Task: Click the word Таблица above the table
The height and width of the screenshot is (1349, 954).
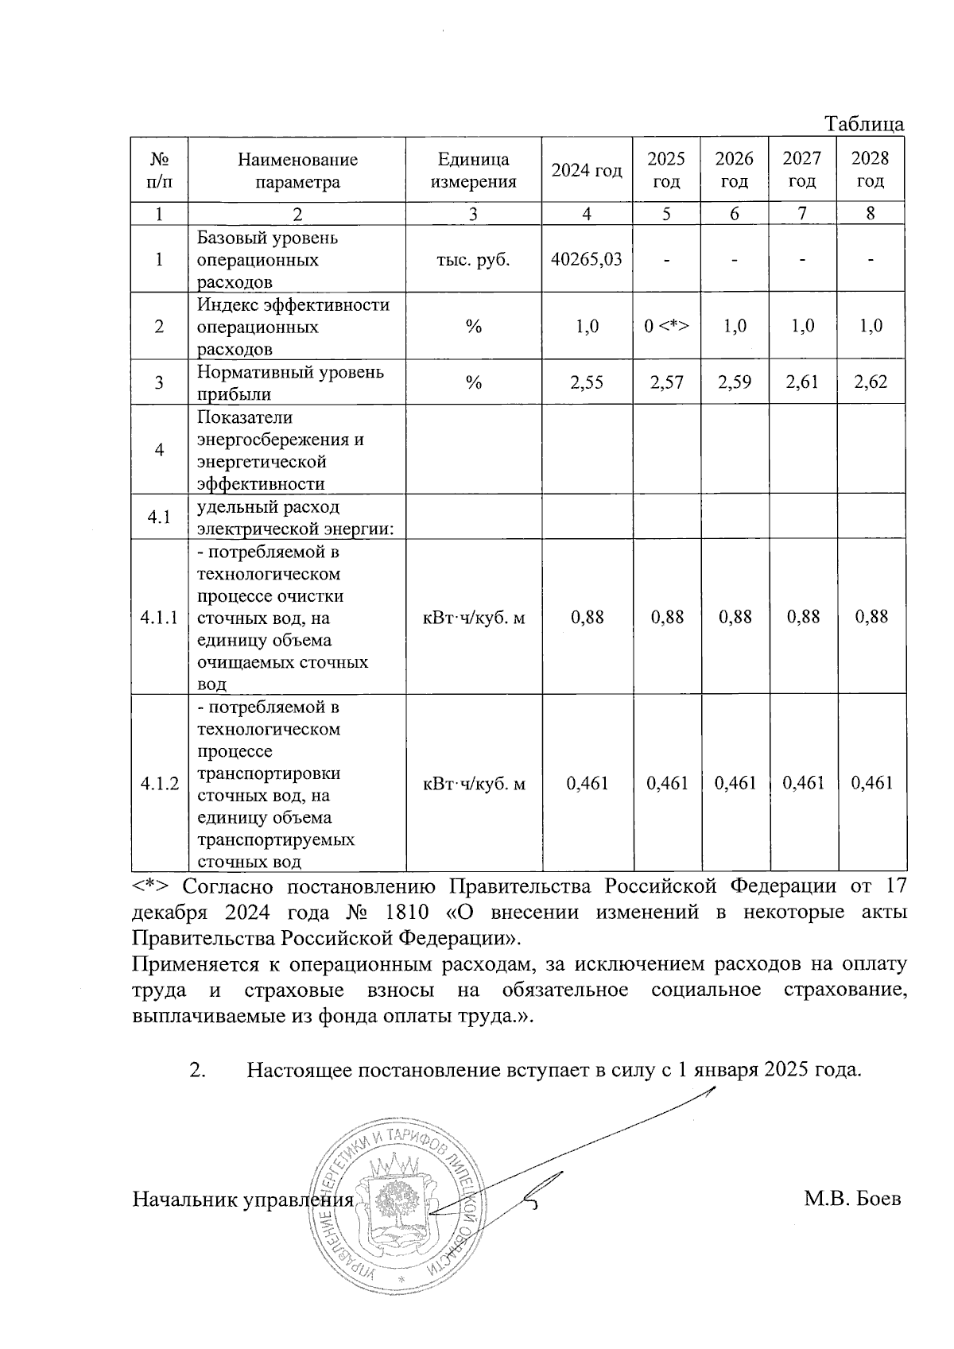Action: [864, 124]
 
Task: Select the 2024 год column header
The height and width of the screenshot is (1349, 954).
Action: [587, 170]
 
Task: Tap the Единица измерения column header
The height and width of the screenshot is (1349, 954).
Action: [473, 170]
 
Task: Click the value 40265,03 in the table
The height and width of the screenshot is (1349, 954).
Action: [587, 259]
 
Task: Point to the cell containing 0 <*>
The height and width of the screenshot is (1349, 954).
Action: [666, 327]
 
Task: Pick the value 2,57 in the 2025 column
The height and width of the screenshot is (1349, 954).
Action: [666, 382]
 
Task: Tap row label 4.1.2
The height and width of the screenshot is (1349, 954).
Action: [159, 784]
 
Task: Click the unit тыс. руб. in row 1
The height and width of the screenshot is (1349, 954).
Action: [473, 259]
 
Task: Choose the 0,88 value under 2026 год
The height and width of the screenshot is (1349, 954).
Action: [735, 617]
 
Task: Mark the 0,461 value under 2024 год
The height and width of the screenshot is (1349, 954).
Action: [587, 784]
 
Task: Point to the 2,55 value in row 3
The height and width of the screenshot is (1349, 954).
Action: [587, 382]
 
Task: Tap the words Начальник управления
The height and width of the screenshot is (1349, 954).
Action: [242, 1200]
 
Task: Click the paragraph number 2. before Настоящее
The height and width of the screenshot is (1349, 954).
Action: [198, 1069]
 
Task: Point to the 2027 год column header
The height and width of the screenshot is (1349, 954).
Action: [802, 170]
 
